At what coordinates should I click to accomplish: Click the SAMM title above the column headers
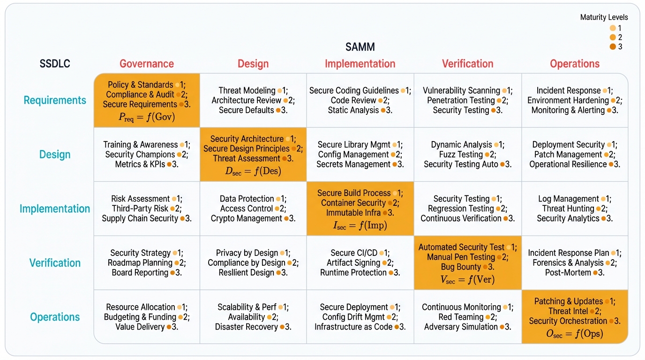click(360, 47)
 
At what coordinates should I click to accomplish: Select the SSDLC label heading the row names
click(55, 64)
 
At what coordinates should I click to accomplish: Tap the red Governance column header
click(147, 64)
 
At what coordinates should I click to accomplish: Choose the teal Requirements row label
click(55, 100)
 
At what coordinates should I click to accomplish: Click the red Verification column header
click(467, 64)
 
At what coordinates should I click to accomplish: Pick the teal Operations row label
click(55, 317)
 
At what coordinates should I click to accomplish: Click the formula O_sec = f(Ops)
click(575, 334)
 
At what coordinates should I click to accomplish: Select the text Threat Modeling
click(247, 90)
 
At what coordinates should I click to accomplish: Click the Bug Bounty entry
click(461, 267)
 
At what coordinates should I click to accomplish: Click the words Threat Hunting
click(567, 209)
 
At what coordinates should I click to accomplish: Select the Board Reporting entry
click(140, 272)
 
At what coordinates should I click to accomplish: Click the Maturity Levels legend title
click(604, 17)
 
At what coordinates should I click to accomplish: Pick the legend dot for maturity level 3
click(613, 46)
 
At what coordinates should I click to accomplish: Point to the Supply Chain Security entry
click(140, 218)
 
